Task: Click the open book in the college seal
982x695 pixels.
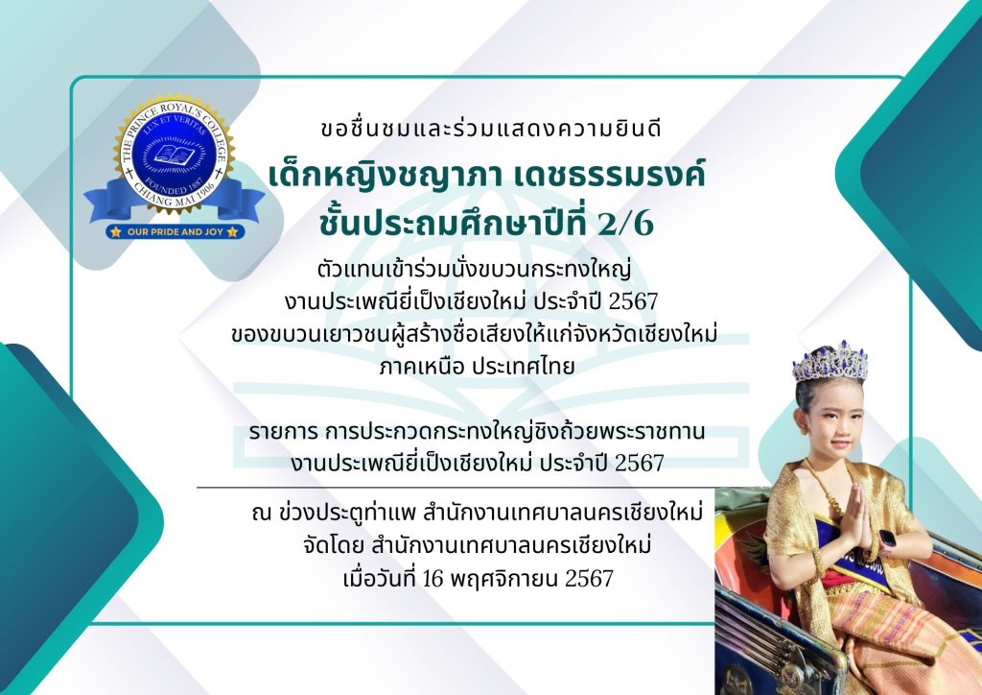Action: point(174,155)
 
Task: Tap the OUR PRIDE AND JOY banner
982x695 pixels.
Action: point(175,232)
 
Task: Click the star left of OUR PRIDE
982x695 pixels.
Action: point(116,232)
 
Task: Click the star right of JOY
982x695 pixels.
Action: point(233,232)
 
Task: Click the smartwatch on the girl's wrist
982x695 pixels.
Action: point(887,539)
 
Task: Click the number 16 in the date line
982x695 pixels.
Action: point(433,579)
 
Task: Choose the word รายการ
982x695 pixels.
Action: point(284,432)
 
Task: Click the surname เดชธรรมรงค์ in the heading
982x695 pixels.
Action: point(609,174)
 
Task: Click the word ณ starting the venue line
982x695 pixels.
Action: point(260,514)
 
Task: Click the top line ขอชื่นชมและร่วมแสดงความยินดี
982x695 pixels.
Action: point(491,128)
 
